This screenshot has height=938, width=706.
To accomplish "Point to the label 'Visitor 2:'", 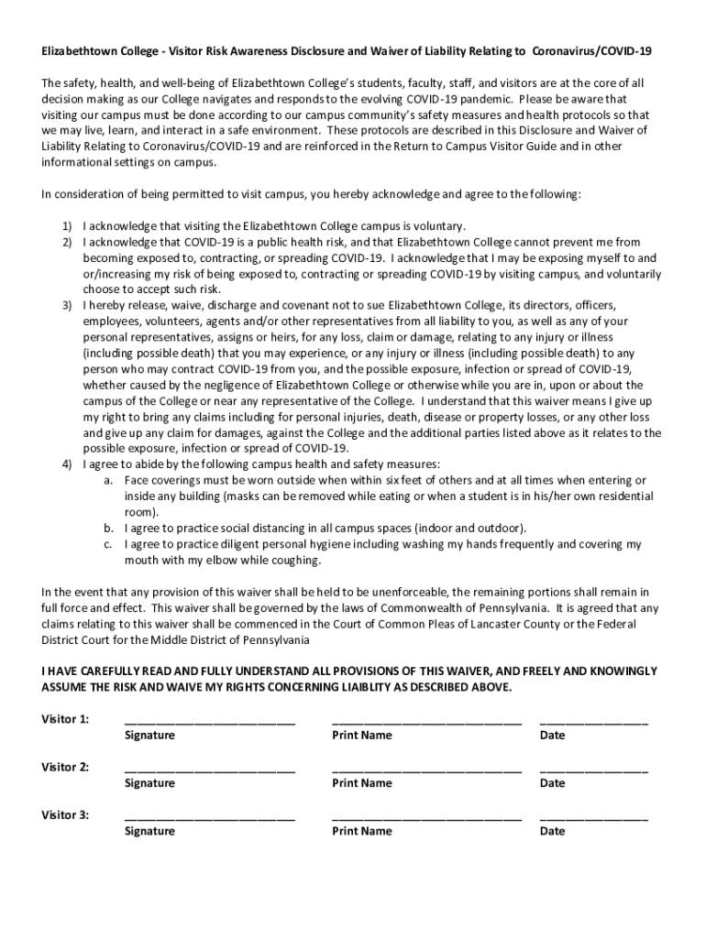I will coord(66,767).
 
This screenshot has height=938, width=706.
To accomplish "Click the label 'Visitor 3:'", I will coord(66,814).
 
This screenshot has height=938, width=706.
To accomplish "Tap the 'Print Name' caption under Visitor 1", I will coord(362,736).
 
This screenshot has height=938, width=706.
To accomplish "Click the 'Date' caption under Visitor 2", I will coord(553,783).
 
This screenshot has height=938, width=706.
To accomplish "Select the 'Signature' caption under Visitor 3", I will coord(149,831).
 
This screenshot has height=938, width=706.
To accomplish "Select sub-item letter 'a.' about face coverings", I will coord(107,481).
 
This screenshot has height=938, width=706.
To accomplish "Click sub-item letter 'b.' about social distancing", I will coord(107,529).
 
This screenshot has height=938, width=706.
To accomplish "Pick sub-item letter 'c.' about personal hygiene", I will coord(107,544).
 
